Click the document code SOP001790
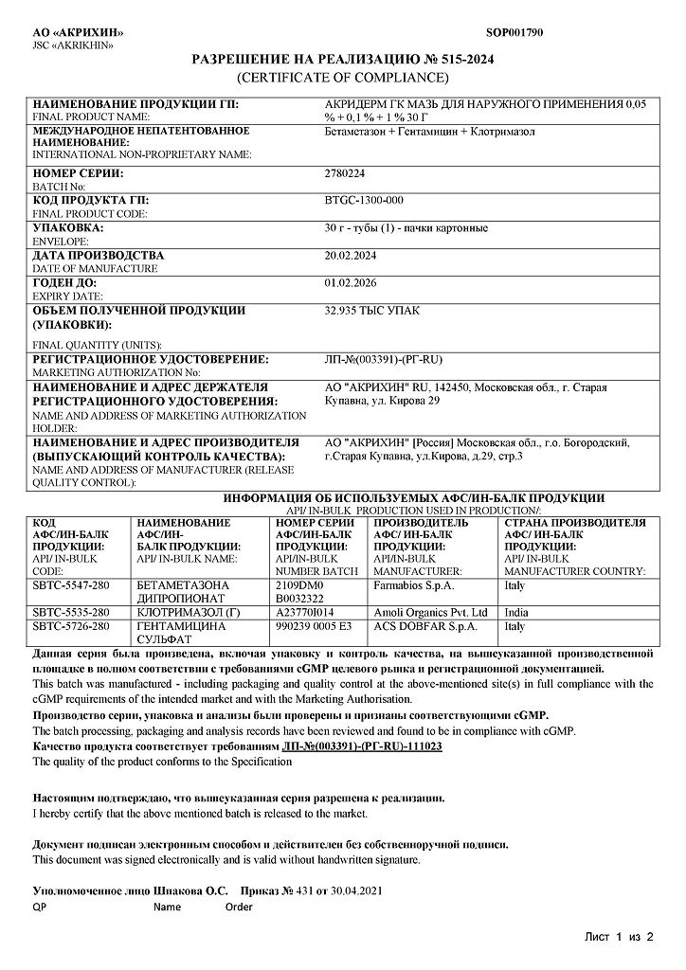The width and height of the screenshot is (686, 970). click(x=514, y=33)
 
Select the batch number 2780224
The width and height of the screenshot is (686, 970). click(x=344, y=174)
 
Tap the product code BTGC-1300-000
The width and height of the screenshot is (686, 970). click(x=364, y=201)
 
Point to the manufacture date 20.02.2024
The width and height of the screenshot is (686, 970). click(x=350, y=256)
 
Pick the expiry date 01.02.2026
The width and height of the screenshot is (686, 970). click(x=350, y=282)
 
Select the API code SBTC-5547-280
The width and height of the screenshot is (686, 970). click(x=70, y=586)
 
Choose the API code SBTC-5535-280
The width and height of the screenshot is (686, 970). click(x=70, y=613)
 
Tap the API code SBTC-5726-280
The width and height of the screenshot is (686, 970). click(x=70, y=626)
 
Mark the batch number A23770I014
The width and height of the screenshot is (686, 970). click(x=308, y=613)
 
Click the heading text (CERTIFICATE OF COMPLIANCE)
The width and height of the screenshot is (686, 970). click(x=342, y=77)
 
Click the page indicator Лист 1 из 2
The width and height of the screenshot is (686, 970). click(x=619, y=938)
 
